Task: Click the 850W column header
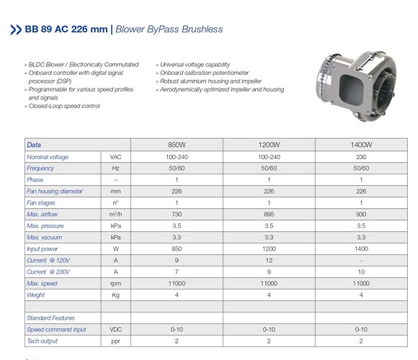coord(177,145)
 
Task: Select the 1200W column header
coord(269,145)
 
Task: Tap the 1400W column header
coord(361,145)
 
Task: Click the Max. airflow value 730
coord(177,214)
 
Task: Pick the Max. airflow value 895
coord(269,214)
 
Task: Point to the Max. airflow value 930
coord(361,214)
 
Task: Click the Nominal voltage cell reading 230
coord(361,156)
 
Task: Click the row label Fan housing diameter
coord(55,191)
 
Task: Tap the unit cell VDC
coord(115,329)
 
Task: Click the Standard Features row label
coord(50,318)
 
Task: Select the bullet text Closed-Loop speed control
coord(66,106)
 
